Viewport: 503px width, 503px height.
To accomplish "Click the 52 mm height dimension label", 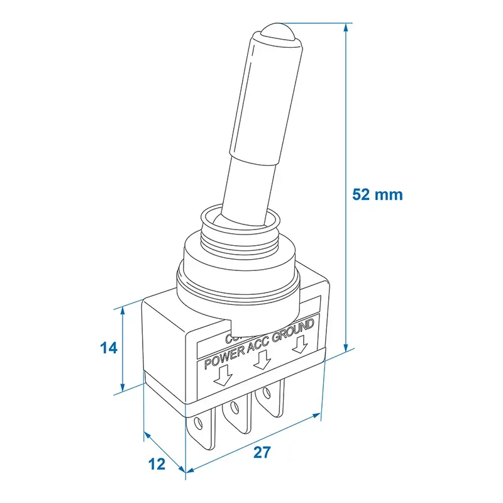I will (377, 194).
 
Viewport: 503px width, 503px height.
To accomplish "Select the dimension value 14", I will (109, 348).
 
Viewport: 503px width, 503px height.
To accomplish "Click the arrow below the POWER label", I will (222, 375).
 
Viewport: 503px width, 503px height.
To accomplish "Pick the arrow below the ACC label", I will (264, 360).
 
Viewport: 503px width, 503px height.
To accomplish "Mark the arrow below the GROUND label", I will (301, 344).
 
